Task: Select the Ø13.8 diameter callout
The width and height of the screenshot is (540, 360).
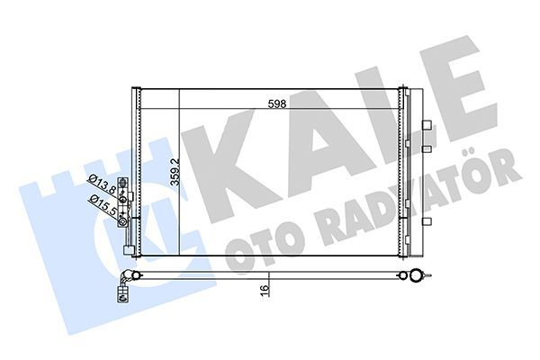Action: (x=101, y=187)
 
